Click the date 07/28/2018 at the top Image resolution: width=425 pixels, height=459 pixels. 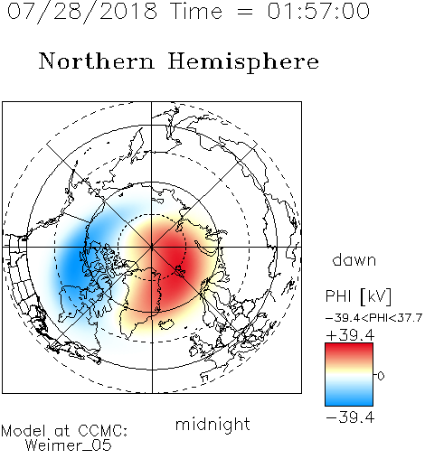pos(82,12)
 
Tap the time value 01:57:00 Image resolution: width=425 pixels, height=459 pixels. pos(318,11)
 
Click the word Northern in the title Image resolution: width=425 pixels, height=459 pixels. pos(97,61)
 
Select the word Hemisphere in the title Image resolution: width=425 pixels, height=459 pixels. pos(243,61)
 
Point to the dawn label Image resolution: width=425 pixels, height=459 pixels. pos(354,259)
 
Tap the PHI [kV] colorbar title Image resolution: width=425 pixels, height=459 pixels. pos(358,296)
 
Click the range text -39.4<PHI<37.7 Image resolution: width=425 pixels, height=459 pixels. pos(373,318)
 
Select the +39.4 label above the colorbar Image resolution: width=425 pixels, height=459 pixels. pos(350,335)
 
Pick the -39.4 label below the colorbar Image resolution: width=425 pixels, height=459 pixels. pos(350,417)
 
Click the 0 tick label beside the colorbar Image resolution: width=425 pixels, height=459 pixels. pos(381,376)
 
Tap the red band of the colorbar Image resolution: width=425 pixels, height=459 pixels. pos(349,351)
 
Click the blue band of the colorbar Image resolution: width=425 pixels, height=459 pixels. pos(349,398)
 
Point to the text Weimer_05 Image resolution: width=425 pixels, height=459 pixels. pos(69,445)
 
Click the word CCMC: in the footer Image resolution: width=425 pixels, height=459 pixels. pos(102,431)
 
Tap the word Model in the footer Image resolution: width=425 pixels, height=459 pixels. pos(24,431)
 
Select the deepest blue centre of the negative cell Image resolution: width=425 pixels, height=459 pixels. pos(72,259)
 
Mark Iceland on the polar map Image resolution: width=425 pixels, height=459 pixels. pos(166,323)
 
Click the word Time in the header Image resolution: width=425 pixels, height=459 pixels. pos(196,12)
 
